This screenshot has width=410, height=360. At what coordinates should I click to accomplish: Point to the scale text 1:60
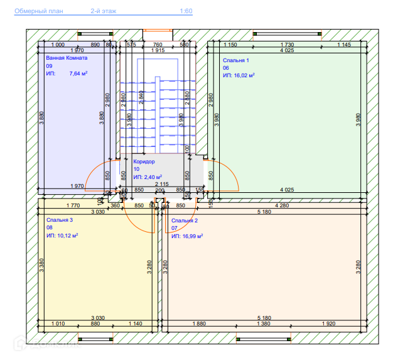tap(186, 11)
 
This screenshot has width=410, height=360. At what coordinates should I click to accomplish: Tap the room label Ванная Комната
tap(67, 58)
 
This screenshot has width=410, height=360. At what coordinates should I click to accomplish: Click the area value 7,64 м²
tap(78, 74)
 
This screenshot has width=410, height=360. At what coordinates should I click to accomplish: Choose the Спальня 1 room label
tap(236, 60)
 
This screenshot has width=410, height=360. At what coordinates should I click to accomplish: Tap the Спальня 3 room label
tap(60, 221)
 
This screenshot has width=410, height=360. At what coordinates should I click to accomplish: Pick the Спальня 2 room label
tap(185, 221)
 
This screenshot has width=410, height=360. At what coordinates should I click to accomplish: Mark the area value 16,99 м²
tap(190, 236)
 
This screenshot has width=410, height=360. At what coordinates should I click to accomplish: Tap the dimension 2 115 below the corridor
tap(161, 184)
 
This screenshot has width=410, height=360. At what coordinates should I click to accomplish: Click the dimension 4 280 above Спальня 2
tap(282, 205)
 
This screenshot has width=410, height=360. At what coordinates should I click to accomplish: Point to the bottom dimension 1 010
tap(57, 324)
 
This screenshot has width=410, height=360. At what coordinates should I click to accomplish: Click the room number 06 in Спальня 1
tap(225, 68)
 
